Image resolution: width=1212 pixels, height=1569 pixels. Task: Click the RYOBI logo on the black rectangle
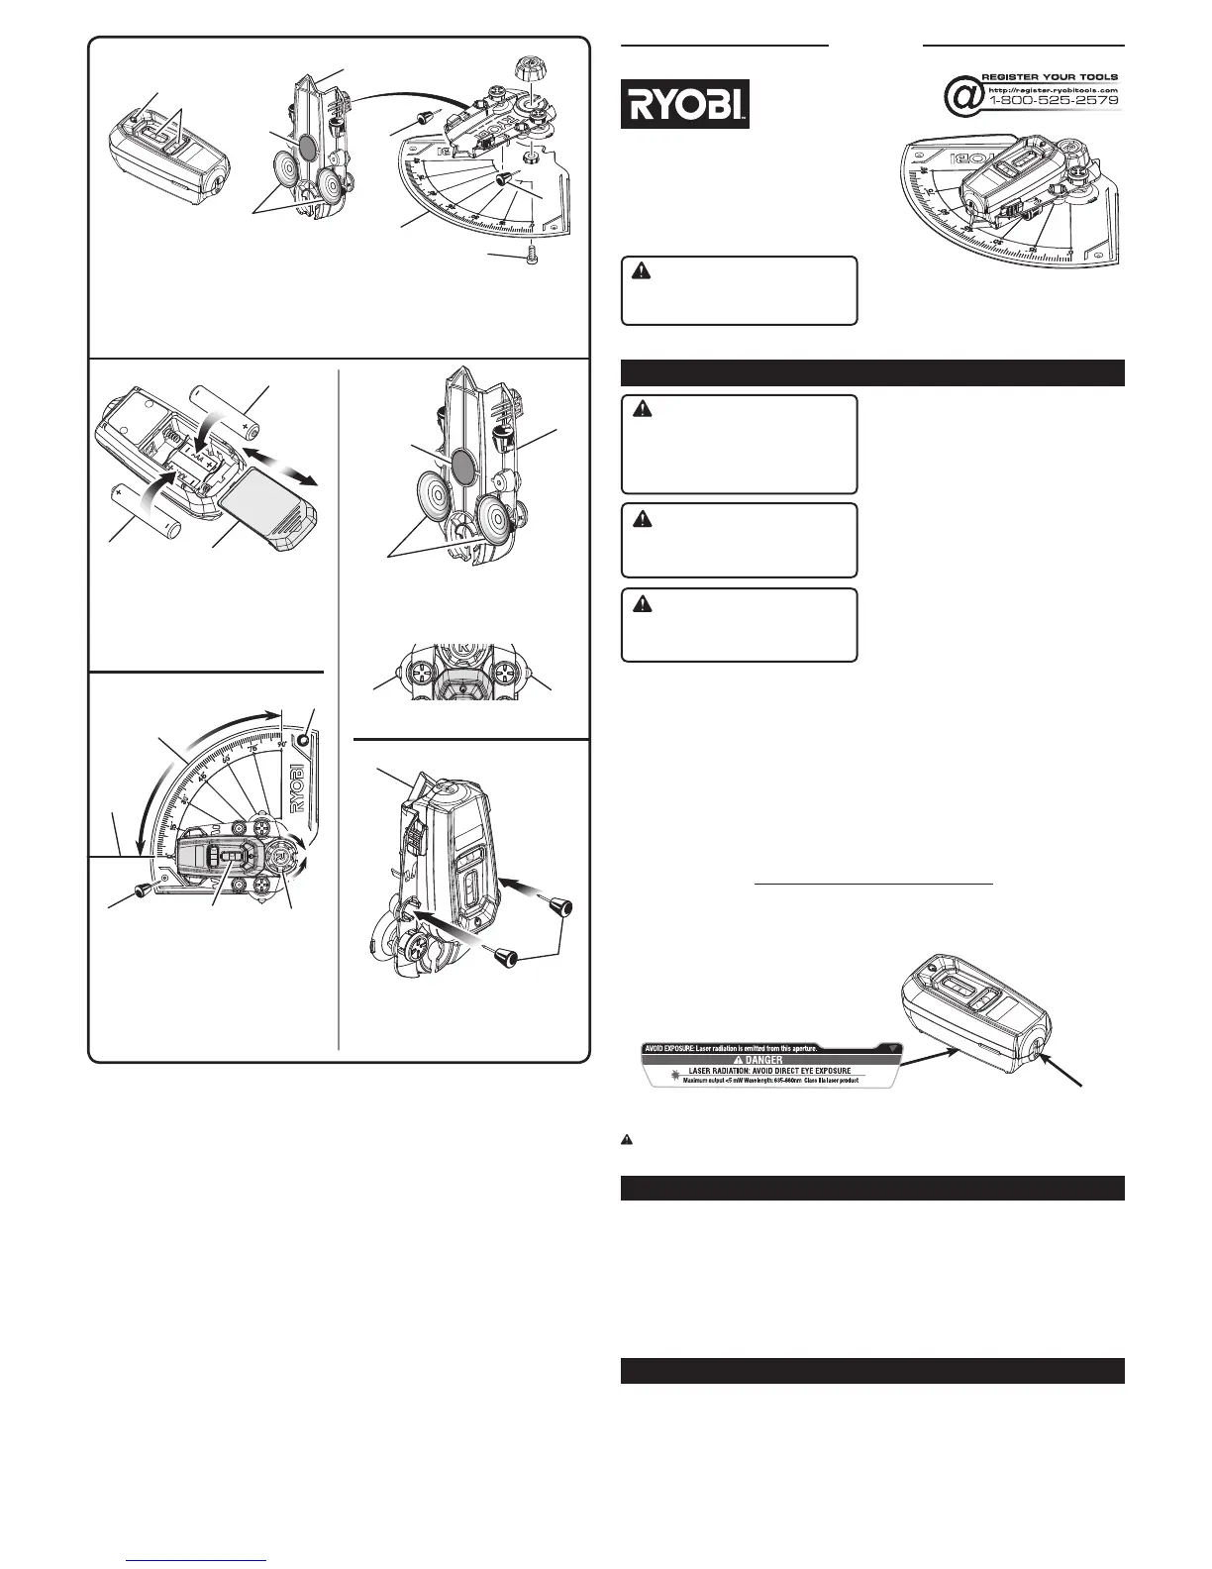(x=684, y=104)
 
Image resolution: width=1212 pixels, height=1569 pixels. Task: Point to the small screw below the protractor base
(x=532, y=257)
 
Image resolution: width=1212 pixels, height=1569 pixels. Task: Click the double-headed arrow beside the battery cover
(x=285, y=465)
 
